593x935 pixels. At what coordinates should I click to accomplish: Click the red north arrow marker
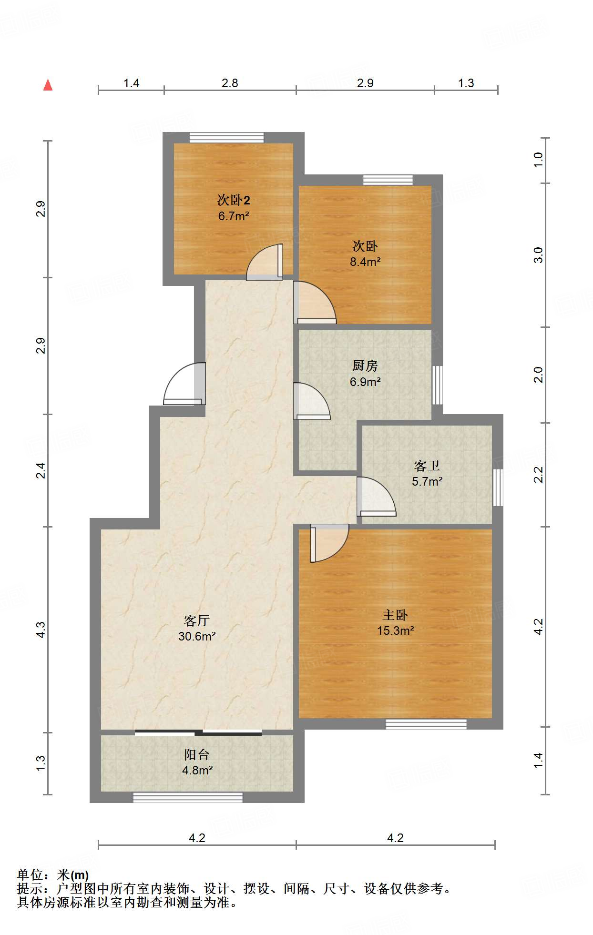(x=48, y=85)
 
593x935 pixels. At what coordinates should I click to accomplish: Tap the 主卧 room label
(x=395, y=615)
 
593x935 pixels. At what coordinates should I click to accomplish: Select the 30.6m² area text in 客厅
(x=197, y=636)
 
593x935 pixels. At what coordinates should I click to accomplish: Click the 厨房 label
(x=365, y=366)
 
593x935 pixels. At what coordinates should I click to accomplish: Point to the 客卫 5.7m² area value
(x=427, y=481)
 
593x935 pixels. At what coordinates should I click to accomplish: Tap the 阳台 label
(x=197, y=754)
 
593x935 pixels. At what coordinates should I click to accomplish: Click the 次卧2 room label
(x=234, y=200)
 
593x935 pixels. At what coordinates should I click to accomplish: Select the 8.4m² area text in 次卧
(x=365, y=262)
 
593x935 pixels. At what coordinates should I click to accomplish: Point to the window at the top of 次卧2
(x=227, y=137)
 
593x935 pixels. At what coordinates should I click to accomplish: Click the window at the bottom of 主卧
(x=426, y=724)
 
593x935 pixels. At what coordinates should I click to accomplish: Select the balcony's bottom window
(x=187, y=797)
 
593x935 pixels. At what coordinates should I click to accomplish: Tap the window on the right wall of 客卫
(x=498, y=488)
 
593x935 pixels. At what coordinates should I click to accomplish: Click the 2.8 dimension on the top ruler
(x=230, y=83)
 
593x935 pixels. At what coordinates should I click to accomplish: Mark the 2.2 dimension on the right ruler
(x=538, y=475)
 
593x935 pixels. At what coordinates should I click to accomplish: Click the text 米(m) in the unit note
(x=73, y=875)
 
